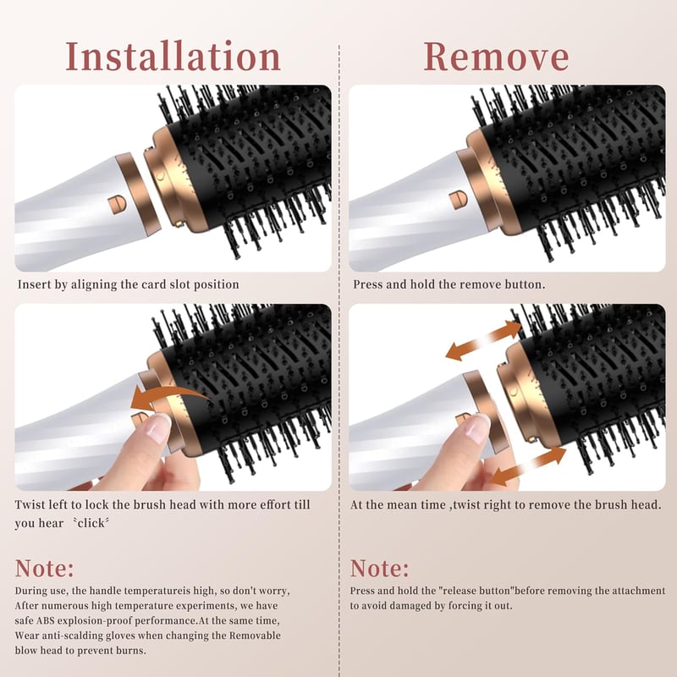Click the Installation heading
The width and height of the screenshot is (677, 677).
coord(173,57)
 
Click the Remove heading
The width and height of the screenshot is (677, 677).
coord(496,57)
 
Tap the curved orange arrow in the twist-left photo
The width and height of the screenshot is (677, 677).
coord(168,396)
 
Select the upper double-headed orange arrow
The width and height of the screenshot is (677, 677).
coord(483,341)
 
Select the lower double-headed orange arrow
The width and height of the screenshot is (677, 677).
coord(529,466)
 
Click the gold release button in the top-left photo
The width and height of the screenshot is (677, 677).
coord(117,204)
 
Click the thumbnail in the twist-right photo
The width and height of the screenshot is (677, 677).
coord(477,427)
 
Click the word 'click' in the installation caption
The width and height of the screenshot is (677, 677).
coord(91,523)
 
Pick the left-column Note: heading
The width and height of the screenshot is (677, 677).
coord(45,568)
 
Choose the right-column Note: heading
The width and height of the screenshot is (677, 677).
coord(379,568)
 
